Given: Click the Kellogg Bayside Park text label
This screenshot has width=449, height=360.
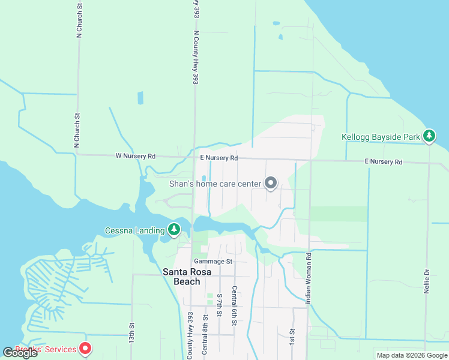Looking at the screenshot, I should tap(381, 137).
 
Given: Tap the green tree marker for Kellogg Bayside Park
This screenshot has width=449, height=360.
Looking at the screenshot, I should tap(429, 136).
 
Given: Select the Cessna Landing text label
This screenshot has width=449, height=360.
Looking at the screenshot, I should tap(134, 230).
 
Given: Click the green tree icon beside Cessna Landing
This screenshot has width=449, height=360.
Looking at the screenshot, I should tap(174, 229).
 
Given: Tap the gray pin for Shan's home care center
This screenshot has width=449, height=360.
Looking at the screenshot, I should tap(271, 182).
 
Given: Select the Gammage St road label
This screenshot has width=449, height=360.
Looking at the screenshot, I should tap(212, 262).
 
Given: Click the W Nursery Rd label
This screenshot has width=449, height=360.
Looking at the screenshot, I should tap(135, 156).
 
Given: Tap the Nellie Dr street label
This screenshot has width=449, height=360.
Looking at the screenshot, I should tap(427, 280).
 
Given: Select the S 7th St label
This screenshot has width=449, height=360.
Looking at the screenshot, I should tap(220, 305).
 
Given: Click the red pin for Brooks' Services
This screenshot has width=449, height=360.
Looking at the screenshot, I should tap(85, 348).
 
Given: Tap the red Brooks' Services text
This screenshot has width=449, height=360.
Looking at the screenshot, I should tap(46, 349).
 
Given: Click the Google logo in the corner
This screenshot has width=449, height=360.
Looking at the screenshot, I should tap(20, 353).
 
